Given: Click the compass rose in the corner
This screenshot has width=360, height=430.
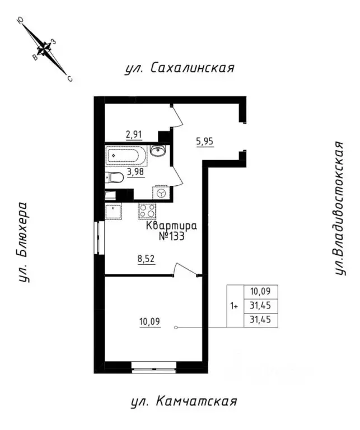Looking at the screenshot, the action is [x=44, y=49].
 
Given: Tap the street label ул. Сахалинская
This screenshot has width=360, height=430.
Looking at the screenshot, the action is [x=180, y=68].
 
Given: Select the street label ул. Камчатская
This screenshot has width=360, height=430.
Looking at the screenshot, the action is [x=184, y=402].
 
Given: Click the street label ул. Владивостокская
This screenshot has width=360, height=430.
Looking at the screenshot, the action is [x=339, y=208].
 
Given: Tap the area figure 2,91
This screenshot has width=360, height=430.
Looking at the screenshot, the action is [x=134, y=135].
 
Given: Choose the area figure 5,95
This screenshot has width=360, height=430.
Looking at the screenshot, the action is [x=205, y=142].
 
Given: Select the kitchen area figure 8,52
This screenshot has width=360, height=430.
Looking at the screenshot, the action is [x=147, y=259].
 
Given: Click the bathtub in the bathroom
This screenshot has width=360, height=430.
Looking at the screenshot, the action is [x=127, y=155].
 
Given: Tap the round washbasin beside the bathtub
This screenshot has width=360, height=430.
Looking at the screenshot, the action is [x=158, y=151].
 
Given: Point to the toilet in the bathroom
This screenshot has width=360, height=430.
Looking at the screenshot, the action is [x=114, y=177].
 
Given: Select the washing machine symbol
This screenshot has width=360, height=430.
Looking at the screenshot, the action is [x=161, y=193].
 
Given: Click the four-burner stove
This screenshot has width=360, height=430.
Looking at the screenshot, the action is [x=147, y=211].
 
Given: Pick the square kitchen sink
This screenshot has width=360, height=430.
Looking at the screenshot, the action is [x=113, y=211].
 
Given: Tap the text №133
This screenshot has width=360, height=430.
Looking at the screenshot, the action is [x=172, y=236].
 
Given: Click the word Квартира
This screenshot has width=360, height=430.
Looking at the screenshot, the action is [x=172, y=226].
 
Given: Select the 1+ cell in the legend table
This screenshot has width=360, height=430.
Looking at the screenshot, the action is [x=235, y=306].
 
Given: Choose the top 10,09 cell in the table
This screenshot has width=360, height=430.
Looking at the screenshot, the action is [x=260, y=292].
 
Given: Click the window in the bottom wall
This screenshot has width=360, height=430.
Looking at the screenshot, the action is [x=154, y=367].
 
